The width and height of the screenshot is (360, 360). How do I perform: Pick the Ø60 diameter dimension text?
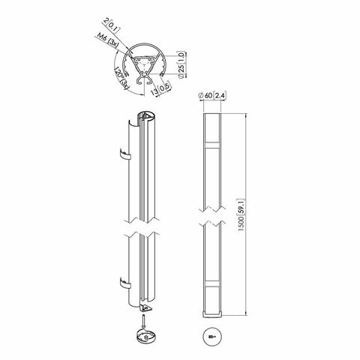203,94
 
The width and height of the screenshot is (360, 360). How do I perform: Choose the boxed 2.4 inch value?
219,94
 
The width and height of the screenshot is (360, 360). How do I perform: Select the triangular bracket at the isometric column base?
146,308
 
